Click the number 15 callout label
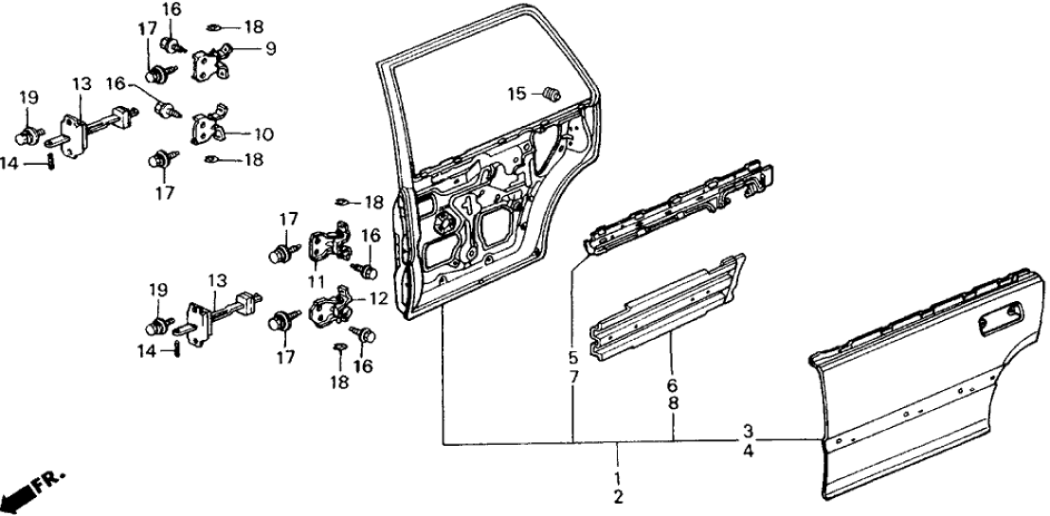(x=516, y=93)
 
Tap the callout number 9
(x=270, y=47)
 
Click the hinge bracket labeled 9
(x=213, y=62)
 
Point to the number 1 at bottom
(x=618, y=476)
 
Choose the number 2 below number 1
(x=618, y=497)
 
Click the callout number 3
(x=748, y=430)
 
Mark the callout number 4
(x=748, y=452)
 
